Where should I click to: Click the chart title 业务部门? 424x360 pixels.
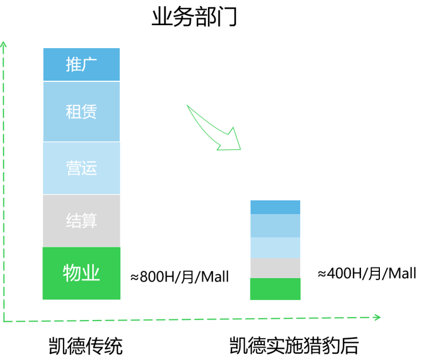[x=194, y=17]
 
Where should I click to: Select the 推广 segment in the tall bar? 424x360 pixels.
[x=81, y=64]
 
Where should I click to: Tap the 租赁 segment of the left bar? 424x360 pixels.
[x=81, y=112]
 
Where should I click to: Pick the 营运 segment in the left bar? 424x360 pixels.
[x=81, y=168]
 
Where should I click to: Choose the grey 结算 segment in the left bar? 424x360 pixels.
[x=81, y=221]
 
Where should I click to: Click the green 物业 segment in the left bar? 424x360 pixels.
[x=81, y=273]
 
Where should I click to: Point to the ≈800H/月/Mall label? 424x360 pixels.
[x=179, y=276]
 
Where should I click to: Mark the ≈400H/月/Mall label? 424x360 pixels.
[x=367, y=273]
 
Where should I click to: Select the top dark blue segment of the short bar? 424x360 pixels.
[x=275, y=207]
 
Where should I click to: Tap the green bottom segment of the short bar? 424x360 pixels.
[x=275, y=288]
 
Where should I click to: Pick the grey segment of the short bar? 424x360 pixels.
[x=275, y=268]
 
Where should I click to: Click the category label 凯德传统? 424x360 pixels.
[x=85, y=346]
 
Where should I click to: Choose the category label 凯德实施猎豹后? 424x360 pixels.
[x=294, y=346]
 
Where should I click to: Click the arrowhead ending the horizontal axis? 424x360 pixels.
[x=380, y=317]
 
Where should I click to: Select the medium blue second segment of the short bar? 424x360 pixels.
[x=275, y=226]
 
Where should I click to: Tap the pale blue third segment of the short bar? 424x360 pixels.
[x=275, y=248]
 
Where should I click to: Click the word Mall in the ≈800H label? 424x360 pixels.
[x=215, y=276]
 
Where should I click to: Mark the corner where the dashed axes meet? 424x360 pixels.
[x=4, y=322]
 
